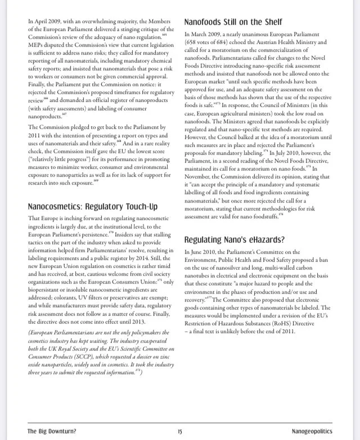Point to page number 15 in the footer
(179, 432)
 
